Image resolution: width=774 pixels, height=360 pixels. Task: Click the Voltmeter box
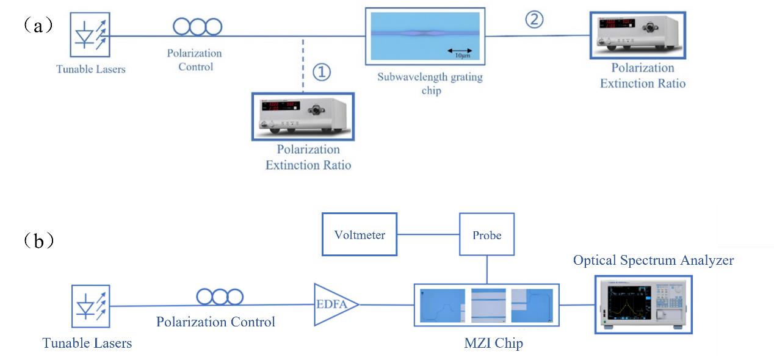(360, 234)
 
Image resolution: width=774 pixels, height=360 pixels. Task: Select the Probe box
(486, 234)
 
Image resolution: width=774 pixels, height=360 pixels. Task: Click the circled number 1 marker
(322, 73)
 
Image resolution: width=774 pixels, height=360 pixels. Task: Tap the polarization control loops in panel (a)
(197, 26)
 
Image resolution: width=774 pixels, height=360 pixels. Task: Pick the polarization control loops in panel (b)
(220, 297)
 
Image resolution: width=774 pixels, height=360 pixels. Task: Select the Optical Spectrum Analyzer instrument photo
(643, 303)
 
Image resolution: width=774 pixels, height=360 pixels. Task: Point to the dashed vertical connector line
(303, 64)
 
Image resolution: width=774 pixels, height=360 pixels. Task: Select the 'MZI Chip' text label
(493, 344)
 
